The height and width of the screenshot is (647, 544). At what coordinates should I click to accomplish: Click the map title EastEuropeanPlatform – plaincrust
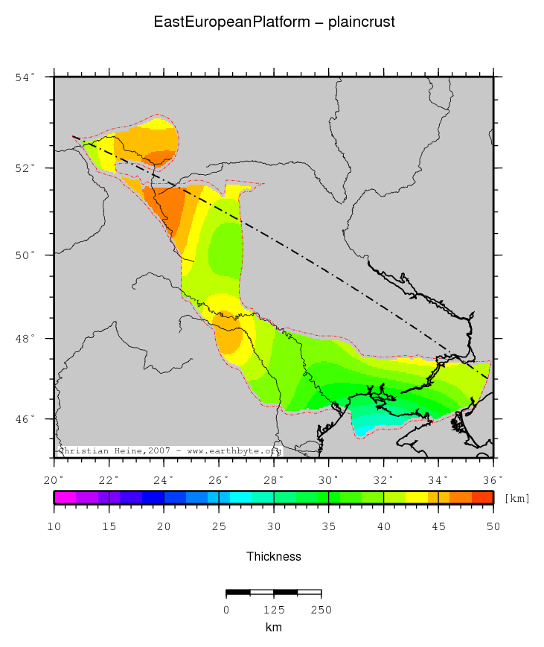[274, 22]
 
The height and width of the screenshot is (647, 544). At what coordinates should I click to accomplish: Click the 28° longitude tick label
[274, 479]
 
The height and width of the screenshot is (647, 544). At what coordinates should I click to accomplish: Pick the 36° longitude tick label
[493, 479]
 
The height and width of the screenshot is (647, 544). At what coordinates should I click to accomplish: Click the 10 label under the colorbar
[54, 527]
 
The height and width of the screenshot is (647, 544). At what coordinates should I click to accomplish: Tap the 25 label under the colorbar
[219, 527]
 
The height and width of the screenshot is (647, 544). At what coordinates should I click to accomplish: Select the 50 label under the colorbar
[493, 527]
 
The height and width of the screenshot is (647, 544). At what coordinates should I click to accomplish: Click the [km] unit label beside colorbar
[516, 498]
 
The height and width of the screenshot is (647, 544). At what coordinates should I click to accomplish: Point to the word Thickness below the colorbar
[274, 556]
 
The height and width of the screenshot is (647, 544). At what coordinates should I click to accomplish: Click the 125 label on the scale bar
[274, 610]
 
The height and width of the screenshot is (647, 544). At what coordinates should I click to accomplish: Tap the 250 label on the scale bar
[321, 610]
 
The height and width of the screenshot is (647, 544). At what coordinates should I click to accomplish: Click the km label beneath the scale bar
[274, 628]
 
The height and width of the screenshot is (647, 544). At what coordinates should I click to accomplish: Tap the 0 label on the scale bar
[226, 610]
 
